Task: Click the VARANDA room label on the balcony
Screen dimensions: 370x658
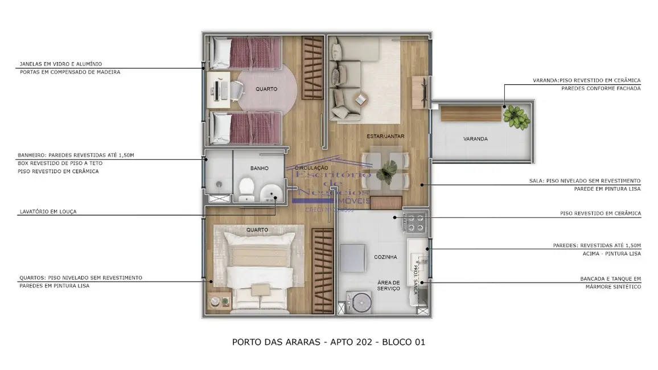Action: click(x=475, y=139)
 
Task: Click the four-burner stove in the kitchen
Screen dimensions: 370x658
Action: click(x=414, y=222)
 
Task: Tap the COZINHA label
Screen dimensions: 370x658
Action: click(x=385, y=257)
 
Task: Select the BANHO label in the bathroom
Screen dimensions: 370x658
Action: click(x=259, y=168)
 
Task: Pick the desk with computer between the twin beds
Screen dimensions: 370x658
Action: click(x=219, y=89)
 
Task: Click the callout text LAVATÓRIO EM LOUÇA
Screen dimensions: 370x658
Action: click(x=48, y=211)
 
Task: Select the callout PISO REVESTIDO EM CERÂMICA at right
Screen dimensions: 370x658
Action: click(x=600, y=213)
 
